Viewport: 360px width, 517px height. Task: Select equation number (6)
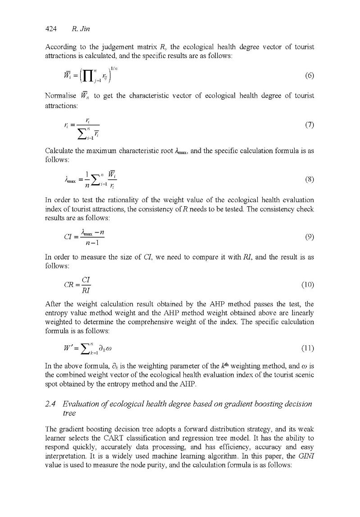[309, 75]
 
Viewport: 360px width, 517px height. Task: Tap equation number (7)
[309, 125]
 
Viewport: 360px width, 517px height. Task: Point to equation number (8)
[309, 179]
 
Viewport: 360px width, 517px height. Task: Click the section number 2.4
[53, 404]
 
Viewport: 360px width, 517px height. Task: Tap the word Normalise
[61, 96]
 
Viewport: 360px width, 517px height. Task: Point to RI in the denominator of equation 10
[86, 290]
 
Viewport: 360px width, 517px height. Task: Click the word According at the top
[61, 47]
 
